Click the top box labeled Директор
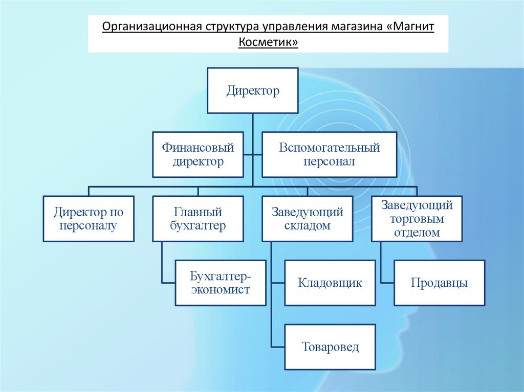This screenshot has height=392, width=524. pos(253,90)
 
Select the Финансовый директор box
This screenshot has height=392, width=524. pos(198,155)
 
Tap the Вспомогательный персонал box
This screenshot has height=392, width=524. pos(329,155)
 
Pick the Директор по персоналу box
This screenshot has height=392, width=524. pos(89,219)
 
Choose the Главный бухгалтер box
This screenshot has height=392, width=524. pos(198,219)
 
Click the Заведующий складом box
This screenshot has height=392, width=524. pos(307,219)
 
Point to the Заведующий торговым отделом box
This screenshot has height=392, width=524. pos(417,219)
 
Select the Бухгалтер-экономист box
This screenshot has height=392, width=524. pos(221,283)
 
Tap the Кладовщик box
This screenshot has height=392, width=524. pos(330,283)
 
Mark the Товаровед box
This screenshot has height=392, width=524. pos(330,347)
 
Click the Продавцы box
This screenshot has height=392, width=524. pos(439,283)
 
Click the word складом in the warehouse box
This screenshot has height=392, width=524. pos(307,225)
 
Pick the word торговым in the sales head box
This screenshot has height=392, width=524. pos(417,219)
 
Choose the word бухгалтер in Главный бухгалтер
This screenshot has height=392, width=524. pos(198,225)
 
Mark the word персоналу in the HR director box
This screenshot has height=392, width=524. pos(89,225)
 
